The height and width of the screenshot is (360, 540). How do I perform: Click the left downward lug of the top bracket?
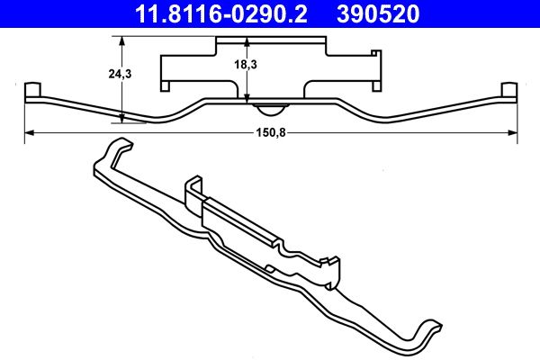166,85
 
